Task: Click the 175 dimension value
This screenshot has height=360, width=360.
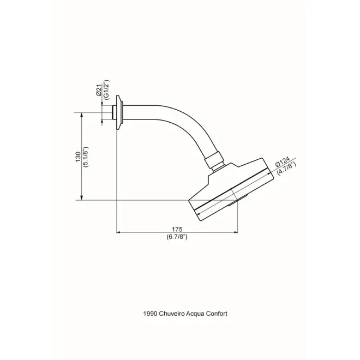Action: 177,229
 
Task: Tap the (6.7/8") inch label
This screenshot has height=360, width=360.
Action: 177,237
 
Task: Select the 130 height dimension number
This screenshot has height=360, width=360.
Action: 79,157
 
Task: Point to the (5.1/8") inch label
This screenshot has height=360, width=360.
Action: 86,157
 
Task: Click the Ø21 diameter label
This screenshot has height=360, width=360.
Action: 99,90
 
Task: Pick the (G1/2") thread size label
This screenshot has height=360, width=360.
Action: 106,90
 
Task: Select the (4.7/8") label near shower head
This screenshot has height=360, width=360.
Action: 286,169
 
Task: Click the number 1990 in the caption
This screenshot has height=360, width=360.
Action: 150,314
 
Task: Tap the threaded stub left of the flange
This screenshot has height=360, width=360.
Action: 115,112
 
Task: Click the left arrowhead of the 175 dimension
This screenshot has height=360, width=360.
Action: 118,232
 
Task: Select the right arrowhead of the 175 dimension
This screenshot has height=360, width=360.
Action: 236,232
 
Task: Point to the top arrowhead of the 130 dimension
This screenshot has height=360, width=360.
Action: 81,115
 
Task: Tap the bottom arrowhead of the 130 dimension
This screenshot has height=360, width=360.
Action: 81,198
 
